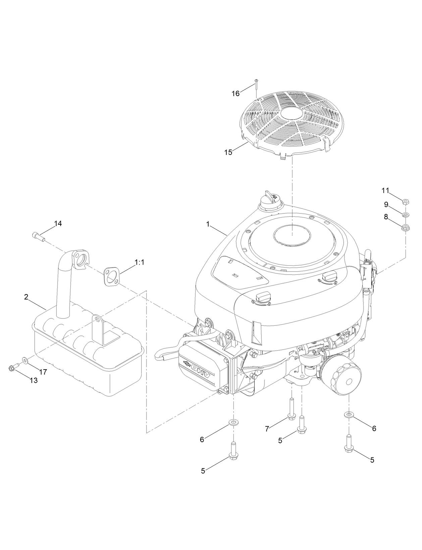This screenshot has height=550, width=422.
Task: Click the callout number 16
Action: click(236, 94)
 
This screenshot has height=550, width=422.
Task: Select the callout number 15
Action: click(228, 152)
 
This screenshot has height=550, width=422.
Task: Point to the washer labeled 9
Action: click(405, 214)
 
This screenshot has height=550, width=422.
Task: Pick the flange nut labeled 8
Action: click(405, 227)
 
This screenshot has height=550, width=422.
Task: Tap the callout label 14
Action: click(58, 224)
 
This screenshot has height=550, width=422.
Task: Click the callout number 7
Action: click(267, 429)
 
